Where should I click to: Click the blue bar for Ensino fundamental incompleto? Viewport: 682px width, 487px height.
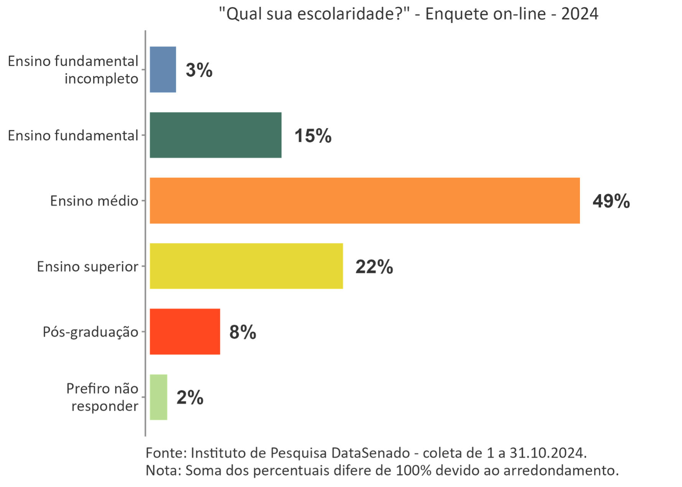(163, 70)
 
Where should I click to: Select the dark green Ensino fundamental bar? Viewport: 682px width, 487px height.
(215, 135)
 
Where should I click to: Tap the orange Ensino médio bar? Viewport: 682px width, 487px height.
(364, 201)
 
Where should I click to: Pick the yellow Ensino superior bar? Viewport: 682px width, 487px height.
(246, 266)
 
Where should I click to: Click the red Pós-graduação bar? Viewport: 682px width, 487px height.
(185, 332)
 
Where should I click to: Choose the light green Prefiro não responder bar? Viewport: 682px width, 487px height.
(158, 397)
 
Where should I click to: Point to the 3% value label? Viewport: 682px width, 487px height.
(199, 70)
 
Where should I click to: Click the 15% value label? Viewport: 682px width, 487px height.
(312, 136)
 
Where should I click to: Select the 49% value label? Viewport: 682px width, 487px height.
(611, 201)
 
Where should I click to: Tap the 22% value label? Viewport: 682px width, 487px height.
(374, 267)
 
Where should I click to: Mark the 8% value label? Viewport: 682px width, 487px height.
(242, 332)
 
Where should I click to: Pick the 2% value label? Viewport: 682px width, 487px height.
(190, 398)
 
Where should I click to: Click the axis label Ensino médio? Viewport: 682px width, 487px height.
(94, 201)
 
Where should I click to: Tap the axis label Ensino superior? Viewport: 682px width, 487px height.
(87, 267)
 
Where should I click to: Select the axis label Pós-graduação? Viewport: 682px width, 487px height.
(90, 332)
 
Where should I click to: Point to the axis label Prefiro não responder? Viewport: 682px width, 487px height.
(103, 397)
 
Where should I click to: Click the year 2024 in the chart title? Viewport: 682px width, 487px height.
(579, 14)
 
